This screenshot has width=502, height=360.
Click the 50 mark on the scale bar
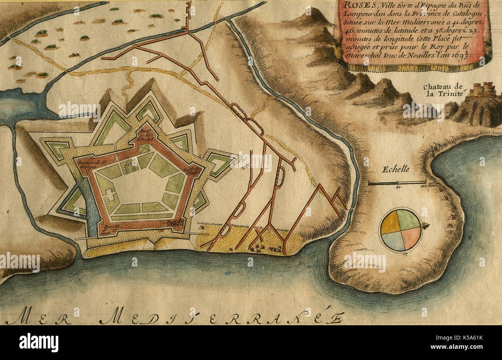click(399, 187)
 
